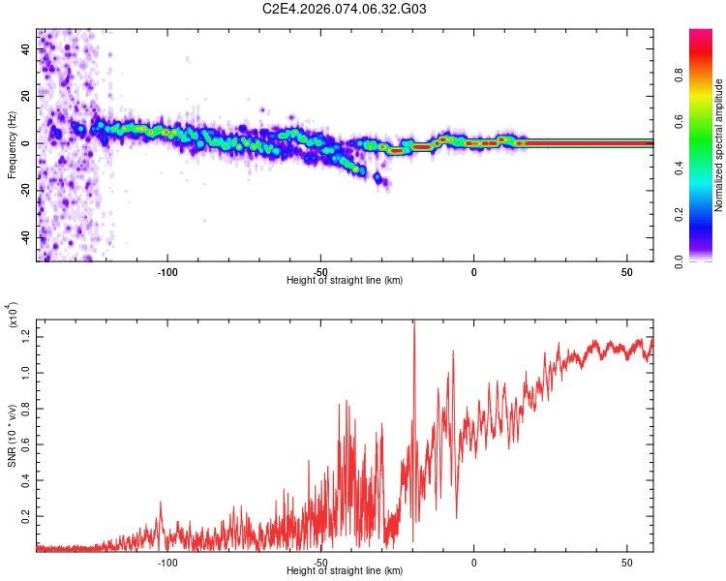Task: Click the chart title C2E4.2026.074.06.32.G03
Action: [x=346, y=9]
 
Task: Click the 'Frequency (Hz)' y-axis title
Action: [x=12, y=145]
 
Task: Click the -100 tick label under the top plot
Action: [x=167, y=271]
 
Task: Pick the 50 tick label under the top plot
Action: [x=627, y=271]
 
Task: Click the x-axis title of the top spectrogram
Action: [x=346, y=281]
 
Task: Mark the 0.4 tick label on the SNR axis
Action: [x=23, y=479]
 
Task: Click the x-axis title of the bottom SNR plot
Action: [x=346, y=571]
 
